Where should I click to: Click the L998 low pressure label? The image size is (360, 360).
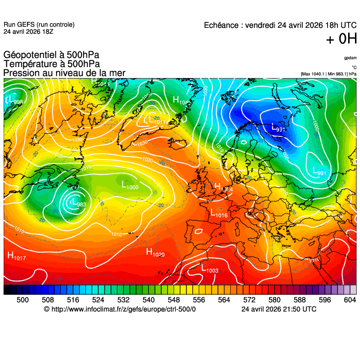(13, 100)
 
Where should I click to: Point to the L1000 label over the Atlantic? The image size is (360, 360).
(130, 185)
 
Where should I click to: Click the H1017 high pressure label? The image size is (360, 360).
(16, 256)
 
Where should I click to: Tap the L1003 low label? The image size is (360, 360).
(210, 269)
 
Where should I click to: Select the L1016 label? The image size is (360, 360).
(219, 213)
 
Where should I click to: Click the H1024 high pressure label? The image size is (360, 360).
(223, 187)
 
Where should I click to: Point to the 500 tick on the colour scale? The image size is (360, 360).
(22, 300)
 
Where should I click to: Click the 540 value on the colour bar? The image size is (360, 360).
(148, 300)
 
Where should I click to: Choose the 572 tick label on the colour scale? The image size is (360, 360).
(249, 300)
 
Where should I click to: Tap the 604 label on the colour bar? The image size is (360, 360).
(350, 300)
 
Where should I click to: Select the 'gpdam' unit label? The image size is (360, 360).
(350, 58)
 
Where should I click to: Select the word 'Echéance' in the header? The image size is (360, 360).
(222, 25)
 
